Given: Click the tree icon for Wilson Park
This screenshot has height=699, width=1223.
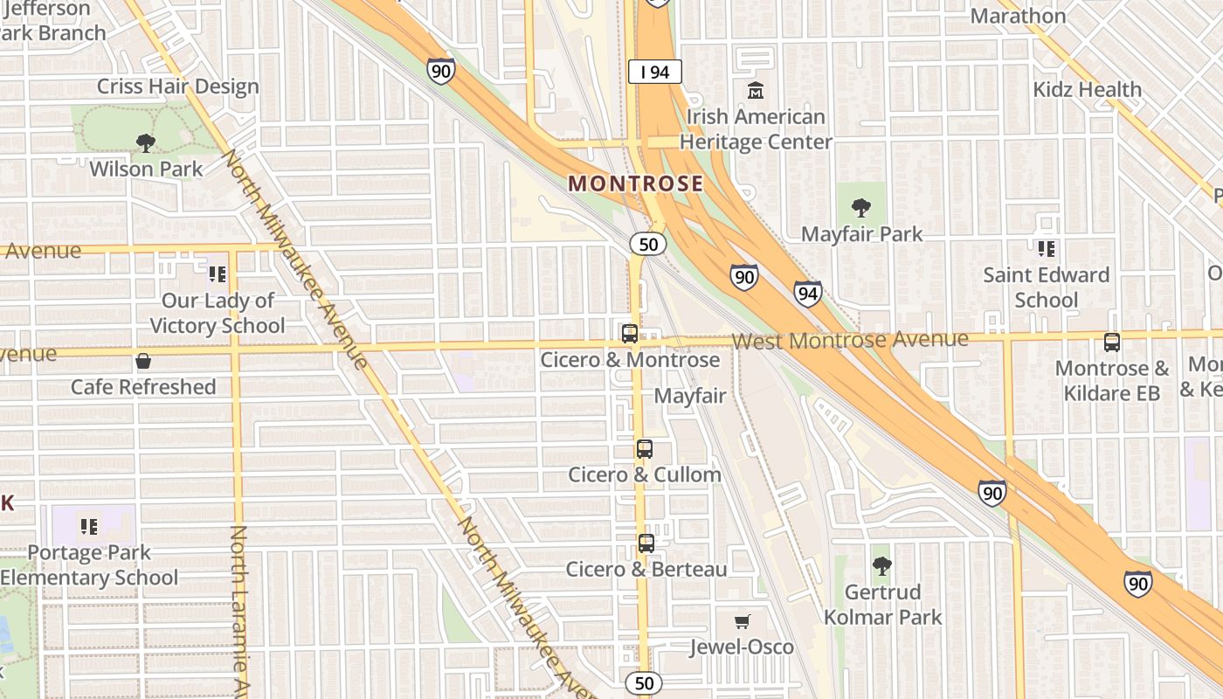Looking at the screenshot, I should pos(145,142).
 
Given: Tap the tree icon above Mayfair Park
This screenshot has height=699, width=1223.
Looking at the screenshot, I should pos(861,208).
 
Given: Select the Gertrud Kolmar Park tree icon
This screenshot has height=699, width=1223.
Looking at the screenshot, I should pos(882,566).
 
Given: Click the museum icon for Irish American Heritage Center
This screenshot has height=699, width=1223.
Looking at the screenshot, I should pos(755,90).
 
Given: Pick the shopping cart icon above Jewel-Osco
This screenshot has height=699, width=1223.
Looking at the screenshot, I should pos(742,621).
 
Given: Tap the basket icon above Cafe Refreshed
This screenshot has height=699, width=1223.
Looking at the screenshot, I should pos(143,361).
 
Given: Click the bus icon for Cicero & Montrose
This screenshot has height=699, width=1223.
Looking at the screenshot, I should pos(629,333).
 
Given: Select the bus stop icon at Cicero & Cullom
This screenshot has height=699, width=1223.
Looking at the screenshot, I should pos(645,449).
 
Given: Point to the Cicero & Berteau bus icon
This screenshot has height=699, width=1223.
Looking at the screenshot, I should pos(646,543).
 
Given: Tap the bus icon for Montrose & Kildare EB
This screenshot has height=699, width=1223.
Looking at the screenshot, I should pos(1112,343).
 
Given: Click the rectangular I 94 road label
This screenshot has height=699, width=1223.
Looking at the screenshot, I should pos(654,72).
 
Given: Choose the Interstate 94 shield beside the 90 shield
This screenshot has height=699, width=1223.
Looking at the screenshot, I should pos(807,294).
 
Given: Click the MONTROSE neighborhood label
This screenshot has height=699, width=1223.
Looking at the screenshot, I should pos(635,183).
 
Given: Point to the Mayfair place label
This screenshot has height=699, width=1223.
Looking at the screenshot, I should pos(690,396).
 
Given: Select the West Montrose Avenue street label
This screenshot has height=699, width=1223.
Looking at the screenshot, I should pos(851,340).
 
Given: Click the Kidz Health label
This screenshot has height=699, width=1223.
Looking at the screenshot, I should pos(1087,89).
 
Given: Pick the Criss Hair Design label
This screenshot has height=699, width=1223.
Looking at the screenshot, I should pos(177,87).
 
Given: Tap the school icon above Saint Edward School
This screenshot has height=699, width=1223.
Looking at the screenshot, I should pos(1046,249).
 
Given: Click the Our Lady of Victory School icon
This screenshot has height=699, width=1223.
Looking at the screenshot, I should pos(218,274).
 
